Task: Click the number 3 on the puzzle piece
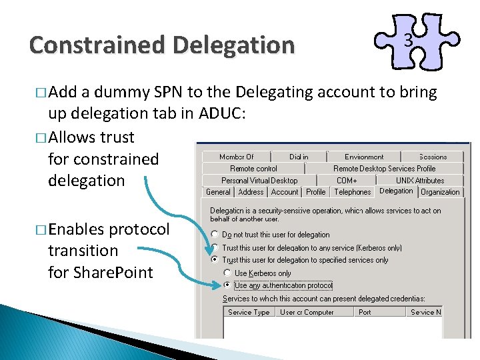tap(409, 41)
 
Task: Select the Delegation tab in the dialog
tap(396, 191)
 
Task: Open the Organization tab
tap(441, 192)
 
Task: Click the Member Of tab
tap(237, 157)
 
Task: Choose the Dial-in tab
tap(299, 157)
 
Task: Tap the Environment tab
tap(364, 157)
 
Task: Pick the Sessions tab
tap(433, 157)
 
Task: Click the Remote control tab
tap(253, 169)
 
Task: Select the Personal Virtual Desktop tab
tap(259, 180)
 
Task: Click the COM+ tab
tap(347, 180)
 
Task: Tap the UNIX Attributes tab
tap(420, 180)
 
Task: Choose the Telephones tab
tap(353, 192)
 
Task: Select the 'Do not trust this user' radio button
tap(215, 235)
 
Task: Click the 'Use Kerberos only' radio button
tap(227, 273)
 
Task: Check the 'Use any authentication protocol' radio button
tap(227, 285)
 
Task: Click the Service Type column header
tap(249, 312)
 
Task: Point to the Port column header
tap(365, 312)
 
